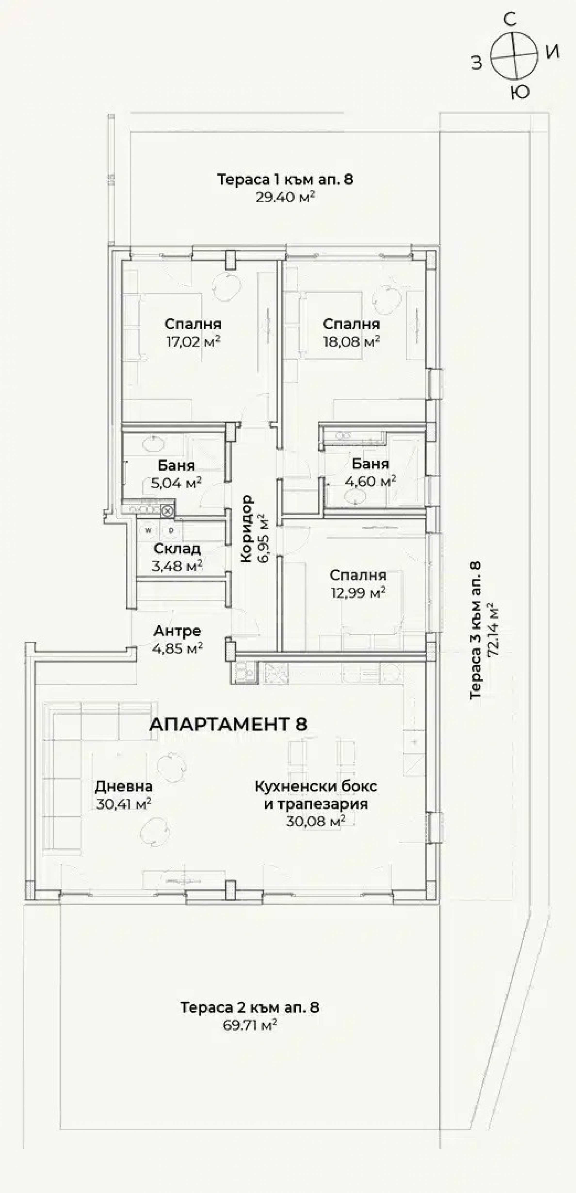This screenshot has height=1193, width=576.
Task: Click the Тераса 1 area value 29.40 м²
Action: click(x=285, y=198)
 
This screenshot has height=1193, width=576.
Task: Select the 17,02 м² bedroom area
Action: click(x=193, y=342)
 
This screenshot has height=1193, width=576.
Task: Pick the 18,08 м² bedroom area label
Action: click(x=352, y=342)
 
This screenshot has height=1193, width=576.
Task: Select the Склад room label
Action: click(x=177, y=549)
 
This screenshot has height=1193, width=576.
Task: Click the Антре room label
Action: click(x=177, y=631)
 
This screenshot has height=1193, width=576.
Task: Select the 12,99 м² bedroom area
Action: click(x=358, y=593)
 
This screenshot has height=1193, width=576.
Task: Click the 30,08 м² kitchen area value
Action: click(x=316, y=821)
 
